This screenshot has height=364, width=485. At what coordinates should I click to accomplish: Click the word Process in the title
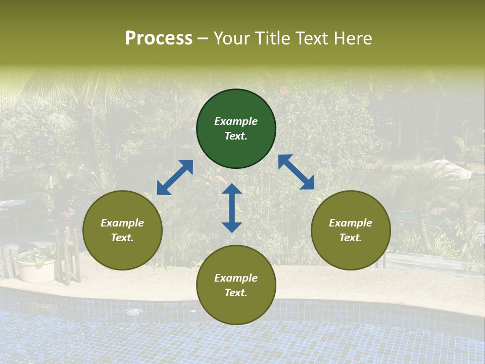click(159, 38)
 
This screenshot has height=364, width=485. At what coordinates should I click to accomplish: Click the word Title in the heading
click(271, 38)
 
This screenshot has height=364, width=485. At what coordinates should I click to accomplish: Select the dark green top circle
click(236, 129)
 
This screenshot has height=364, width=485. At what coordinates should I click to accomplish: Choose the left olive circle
click(122, 230)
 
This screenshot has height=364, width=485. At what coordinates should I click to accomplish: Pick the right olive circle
click(351, 230)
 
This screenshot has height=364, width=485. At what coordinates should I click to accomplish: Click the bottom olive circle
click(236, 285)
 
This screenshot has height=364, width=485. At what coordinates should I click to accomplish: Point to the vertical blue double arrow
click(232, 208)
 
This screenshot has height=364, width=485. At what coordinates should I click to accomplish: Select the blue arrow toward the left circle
click(175, 177)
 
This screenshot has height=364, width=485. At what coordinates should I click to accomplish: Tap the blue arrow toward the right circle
click(296, 172)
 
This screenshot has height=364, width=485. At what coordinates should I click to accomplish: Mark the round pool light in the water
click(133, 312)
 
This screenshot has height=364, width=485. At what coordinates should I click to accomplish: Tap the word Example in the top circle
click(236, 121)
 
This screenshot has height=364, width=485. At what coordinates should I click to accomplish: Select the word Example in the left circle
click(122, 223)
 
